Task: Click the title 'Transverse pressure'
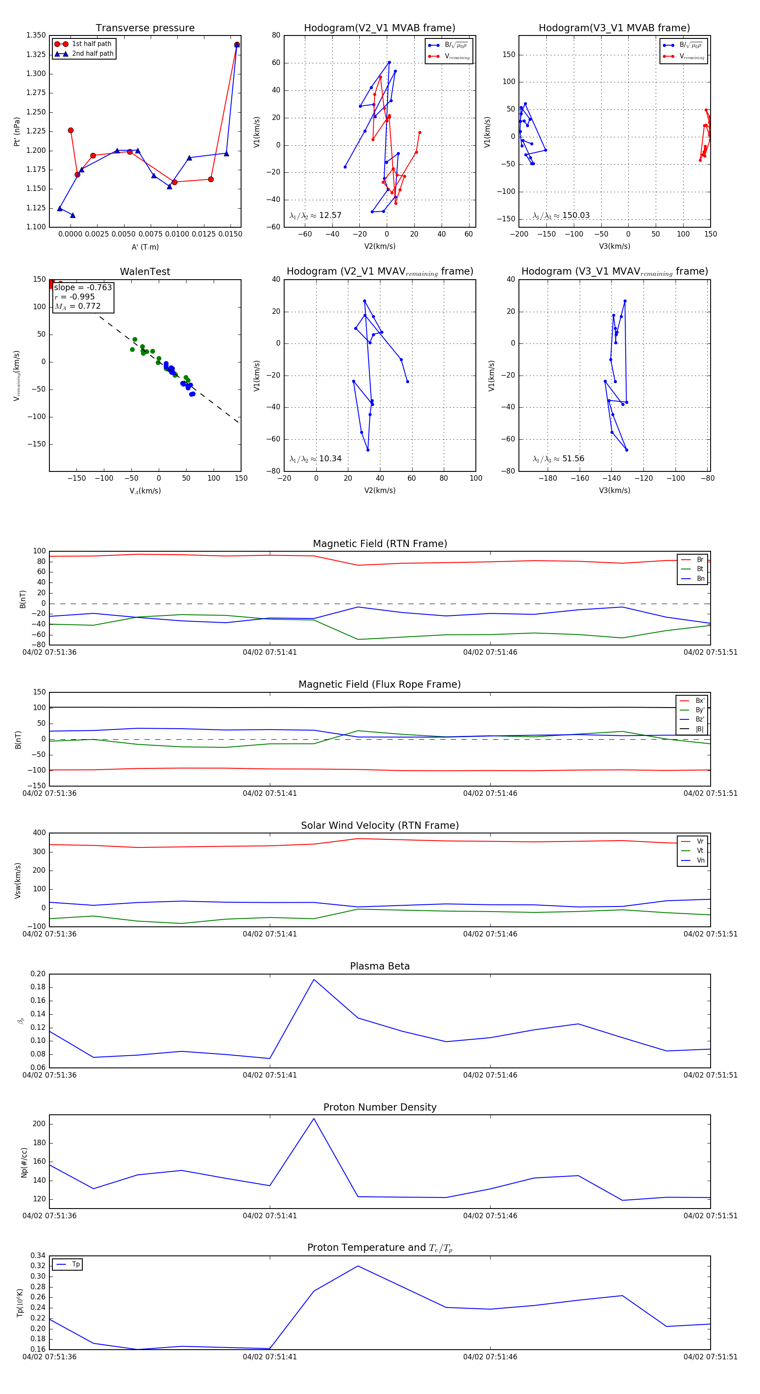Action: [x=145, y=28]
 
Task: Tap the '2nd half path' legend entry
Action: [x=92, y=54]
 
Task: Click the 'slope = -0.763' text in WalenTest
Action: [x=83, y=287]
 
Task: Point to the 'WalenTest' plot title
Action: [x=145, y=272]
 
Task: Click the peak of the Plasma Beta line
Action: [x=314, y=980]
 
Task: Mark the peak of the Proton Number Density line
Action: [x=314, y=1119]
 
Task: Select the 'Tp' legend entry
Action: [x=76, y=1264]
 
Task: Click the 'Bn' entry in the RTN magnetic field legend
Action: [x=700, y=578]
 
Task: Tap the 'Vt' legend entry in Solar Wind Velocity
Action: [x=700, y=851]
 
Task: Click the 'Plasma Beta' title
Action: [x=380, y=966]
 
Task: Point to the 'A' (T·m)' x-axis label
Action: [x=145, y=247]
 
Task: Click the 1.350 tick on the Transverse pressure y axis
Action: [x=36, y=35]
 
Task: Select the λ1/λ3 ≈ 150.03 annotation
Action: [x=561, y=215]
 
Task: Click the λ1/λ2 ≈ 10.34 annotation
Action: [x=315, y=459]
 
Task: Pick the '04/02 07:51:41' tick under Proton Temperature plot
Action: [x=269, y=1357]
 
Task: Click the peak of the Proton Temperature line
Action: [x=358, y=1266]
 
